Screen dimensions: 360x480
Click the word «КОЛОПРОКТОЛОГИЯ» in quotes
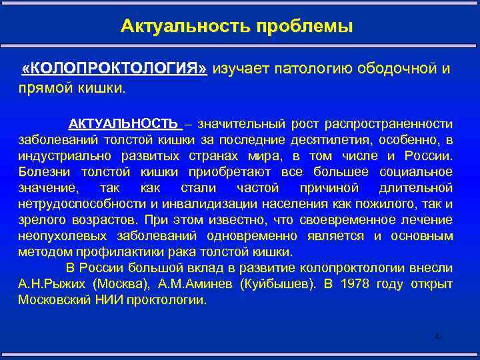tap(115, 69)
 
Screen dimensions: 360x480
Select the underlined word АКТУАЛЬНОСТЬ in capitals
tap(124, 124)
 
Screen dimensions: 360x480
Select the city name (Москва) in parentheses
tap(117, 284)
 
